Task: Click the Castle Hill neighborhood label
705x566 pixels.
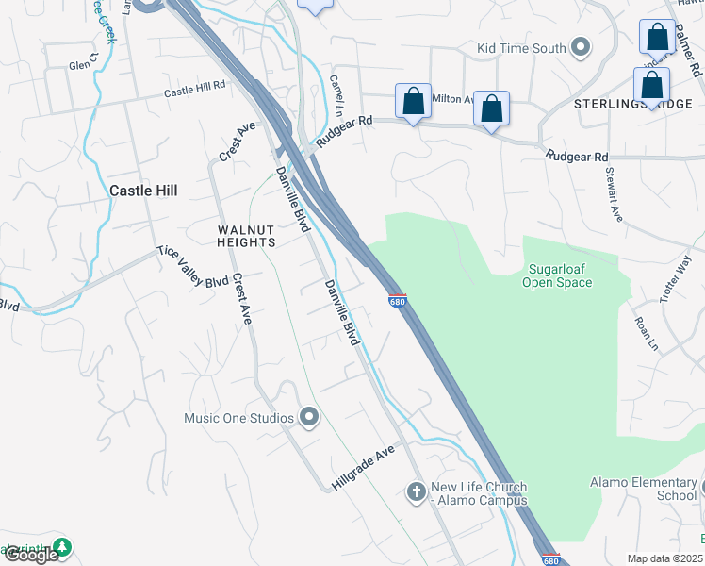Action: [144, 190]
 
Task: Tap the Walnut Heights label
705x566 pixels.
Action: [246, 236]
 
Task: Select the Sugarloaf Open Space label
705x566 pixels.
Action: [558, 275]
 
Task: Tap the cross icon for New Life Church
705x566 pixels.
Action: [416, 491]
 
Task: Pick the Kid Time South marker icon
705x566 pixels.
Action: [581, 48]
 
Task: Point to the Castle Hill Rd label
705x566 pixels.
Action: [195, 90]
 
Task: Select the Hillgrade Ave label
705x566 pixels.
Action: [362, 468]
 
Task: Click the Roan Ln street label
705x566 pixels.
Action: [646, 334]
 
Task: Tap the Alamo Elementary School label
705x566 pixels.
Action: [643, 489]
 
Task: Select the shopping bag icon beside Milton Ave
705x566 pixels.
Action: [413, 102]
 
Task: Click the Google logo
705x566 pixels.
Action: [30, 555]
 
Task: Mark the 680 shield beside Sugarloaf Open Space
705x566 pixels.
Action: [397, 300]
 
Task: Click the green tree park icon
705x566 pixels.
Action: [62, 547]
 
